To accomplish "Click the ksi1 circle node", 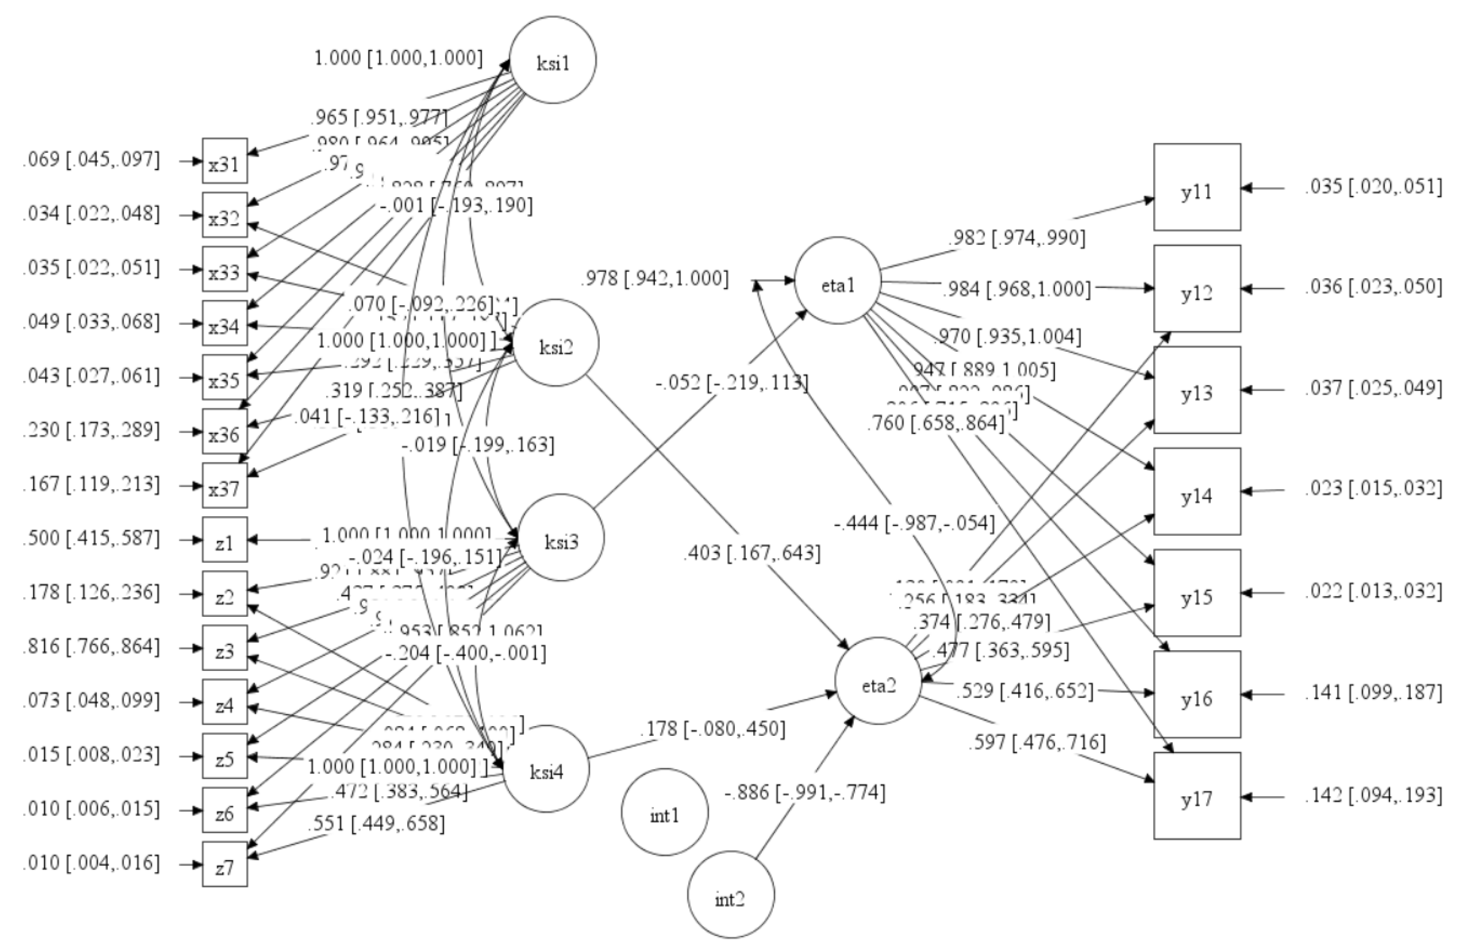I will pos(552,60).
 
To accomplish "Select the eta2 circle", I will pos(878,685).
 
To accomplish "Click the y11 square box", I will pos(1197,187).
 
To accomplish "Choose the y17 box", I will pos(1197,796).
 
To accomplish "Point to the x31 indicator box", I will pos(225,161).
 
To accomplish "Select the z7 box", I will pos(225,864).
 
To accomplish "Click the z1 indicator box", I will pos(225,540).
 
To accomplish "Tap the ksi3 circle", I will pos(561,538).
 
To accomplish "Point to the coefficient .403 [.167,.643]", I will pos(752,553).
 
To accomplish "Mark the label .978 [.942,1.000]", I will pos(655,280).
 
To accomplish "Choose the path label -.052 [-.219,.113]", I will pos(732,383).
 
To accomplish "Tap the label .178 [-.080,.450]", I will pos(712,729).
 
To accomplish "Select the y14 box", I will pos(1197,492).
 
